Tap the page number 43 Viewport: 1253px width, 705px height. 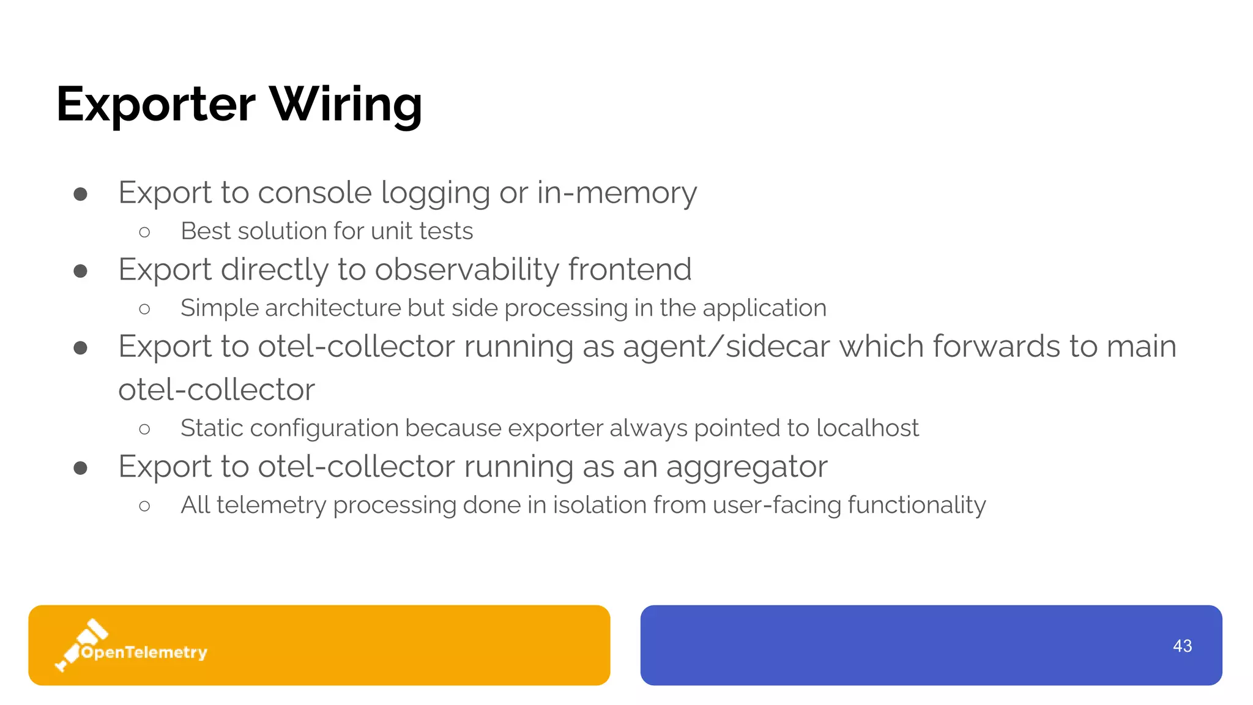(1182, 646)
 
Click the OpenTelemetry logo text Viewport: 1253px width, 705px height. (144, 652)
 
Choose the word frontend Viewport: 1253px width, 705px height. (630, 270)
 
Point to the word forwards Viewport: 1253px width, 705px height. (997, 347)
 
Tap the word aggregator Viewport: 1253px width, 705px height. (746, 468)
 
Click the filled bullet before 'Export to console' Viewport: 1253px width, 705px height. (80, 195)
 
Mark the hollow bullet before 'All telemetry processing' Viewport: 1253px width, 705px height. (144, 506)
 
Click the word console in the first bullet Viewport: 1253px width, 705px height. (314, 193)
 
